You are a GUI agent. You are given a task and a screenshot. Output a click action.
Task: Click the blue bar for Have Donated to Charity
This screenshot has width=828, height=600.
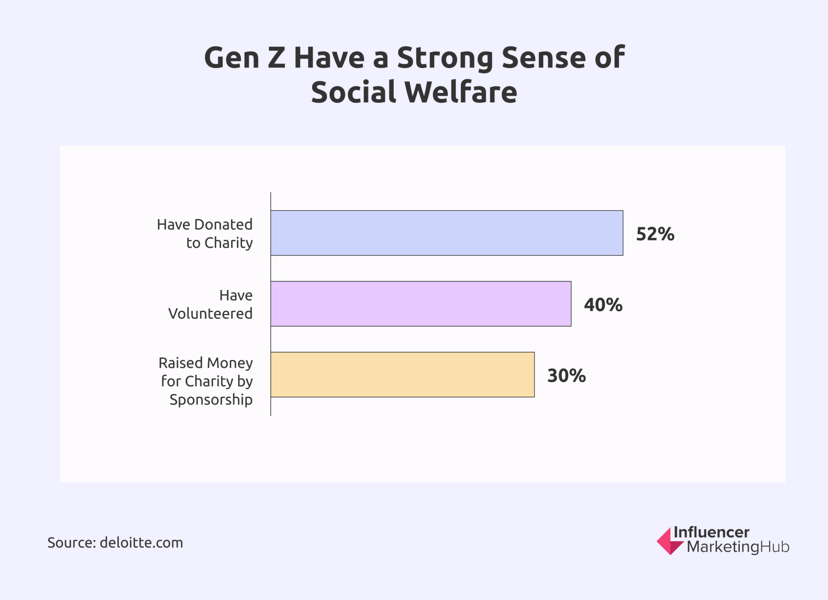pyautogui.click(x=446, y=233)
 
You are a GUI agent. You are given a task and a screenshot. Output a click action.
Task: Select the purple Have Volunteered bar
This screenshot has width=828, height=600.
pyautogui.click(x=420, y=304)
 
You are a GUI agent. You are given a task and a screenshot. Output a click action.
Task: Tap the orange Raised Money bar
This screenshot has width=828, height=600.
pyautogui.click(x=402, y=375)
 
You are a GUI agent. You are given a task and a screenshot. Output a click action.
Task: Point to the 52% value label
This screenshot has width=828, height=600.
pyautogui.click(x=655, y=234)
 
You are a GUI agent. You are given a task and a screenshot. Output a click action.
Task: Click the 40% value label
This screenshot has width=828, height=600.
pyautogui.click(x=603, y=305)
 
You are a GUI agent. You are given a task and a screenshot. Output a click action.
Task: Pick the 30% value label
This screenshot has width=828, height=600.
pyautogui.click(x=566, y=376)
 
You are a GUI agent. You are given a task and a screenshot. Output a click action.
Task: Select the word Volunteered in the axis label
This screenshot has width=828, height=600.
pyautogui.click(x=210, y=314)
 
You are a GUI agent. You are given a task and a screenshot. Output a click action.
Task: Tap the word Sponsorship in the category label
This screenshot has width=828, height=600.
pyautogui.click(x=211, y=400)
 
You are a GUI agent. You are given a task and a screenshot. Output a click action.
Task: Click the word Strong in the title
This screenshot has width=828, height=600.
pyautogui.click(x=445, y=58)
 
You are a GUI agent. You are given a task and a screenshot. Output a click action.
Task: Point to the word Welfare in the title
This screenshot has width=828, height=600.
pyautogui.click(x=460, y=92)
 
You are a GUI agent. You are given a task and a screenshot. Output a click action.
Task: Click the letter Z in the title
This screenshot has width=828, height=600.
pyautogui.click(x=276, y=58)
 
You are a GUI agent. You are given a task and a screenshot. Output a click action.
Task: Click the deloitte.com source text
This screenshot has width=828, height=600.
pyautogui.click(x=141, y=543)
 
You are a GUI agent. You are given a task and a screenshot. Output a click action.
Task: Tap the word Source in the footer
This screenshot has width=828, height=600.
pyautogui.click(x=71, y=543)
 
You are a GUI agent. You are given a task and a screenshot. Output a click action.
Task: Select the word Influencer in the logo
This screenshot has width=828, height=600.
pyautogui.click(x=711, y=532)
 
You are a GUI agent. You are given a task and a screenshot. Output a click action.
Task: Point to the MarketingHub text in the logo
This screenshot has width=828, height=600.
pyautogui.click(x=738, y=547)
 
